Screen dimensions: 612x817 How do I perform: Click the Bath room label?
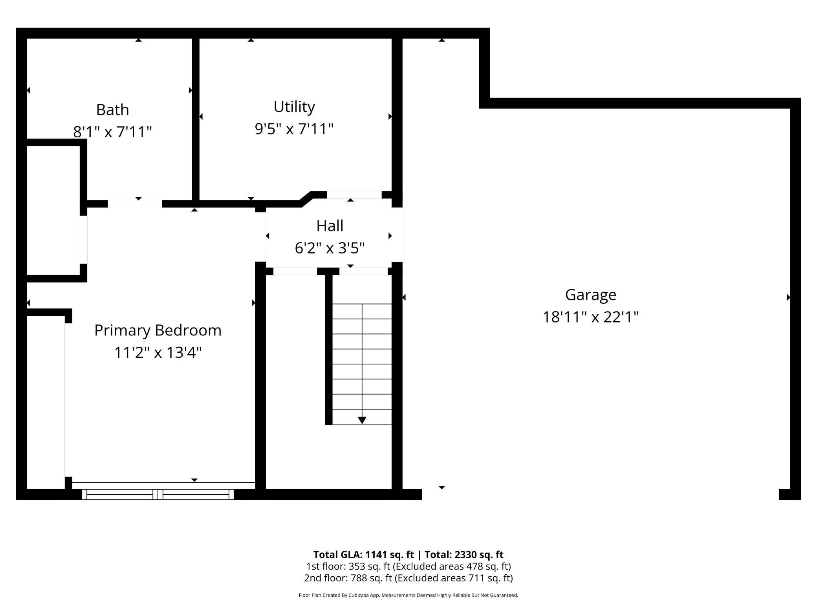tap(112, 110)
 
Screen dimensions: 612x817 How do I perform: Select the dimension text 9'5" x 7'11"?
tap(294, 129)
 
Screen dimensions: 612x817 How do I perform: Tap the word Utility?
tap(294, 107)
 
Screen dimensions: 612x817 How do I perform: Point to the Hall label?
tap(330, 226)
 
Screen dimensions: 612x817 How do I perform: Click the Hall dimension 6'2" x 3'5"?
tap(330, 248)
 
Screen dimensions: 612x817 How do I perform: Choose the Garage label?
tap(590, 295)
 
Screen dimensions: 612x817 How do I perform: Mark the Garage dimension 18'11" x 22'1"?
tap(590, 317)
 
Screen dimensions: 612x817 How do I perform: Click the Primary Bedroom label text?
tap(158, 330)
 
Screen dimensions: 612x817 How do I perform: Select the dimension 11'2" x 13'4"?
tap(158, 352)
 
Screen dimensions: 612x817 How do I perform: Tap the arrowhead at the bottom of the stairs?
tap(362, 420)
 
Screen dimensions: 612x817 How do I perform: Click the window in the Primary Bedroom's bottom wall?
tap(158, 494)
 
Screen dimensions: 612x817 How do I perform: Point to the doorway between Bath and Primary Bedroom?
tap(135, 204)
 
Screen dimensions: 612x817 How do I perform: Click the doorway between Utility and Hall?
tap(354, 195)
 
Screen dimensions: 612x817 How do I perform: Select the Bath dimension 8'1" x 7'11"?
tap(112, 132)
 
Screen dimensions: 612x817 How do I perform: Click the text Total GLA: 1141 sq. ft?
tap(363, 554)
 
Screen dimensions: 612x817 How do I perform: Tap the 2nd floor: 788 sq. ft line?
tap(408, 578)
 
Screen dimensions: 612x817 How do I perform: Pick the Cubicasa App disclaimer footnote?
tap(408, 595)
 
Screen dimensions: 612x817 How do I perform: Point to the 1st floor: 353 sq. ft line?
tap(408, 566)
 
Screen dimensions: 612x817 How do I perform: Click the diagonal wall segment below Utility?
tap(306, 199)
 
